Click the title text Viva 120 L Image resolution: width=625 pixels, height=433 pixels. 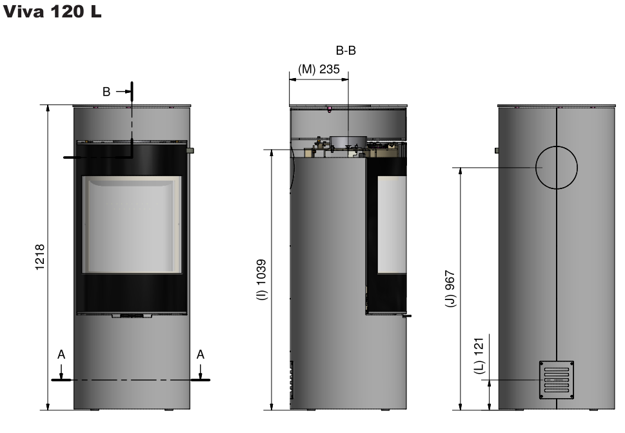52,11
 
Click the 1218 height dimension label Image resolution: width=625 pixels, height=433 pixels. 40,257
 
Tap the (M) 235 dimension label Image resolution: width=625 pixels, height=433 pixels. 319,70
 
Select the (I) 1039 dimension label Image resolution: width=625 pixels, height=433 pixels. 261,279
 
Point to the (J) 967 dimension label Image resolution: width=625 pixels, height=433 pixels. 450,288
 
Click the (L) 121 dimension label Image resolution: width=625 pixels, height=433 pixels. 479,356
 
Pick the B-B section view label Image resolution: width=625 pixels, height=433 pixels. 346,50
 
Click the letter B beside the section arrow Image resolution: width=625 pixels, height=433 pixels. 106,92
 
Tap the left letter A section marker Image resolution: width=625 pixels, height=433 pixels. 61,354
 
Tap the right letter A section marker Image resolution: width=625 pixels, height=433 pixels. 200,354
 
